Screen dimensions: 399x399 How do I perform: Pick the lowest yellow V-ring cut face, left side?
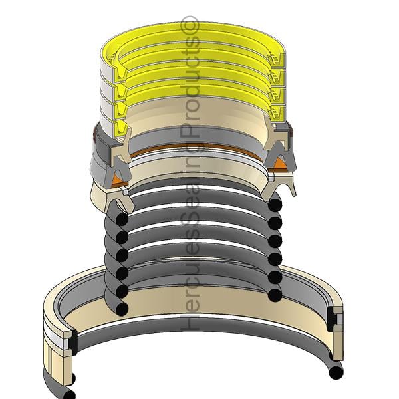[122, 128]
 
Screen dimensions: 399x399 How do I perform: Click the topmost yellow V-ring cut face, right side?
[276, 59]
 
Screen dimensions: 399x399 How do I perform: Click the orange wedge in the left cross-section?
[118, 180]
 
